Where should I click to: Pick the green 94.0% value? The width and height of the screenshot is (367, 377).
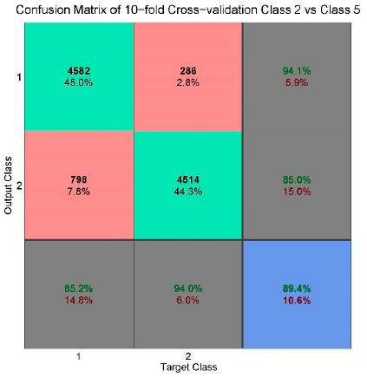[x=187, y=287]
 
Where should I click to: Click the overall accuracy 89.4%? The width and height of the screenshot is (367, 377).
[x=296, y=287]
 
